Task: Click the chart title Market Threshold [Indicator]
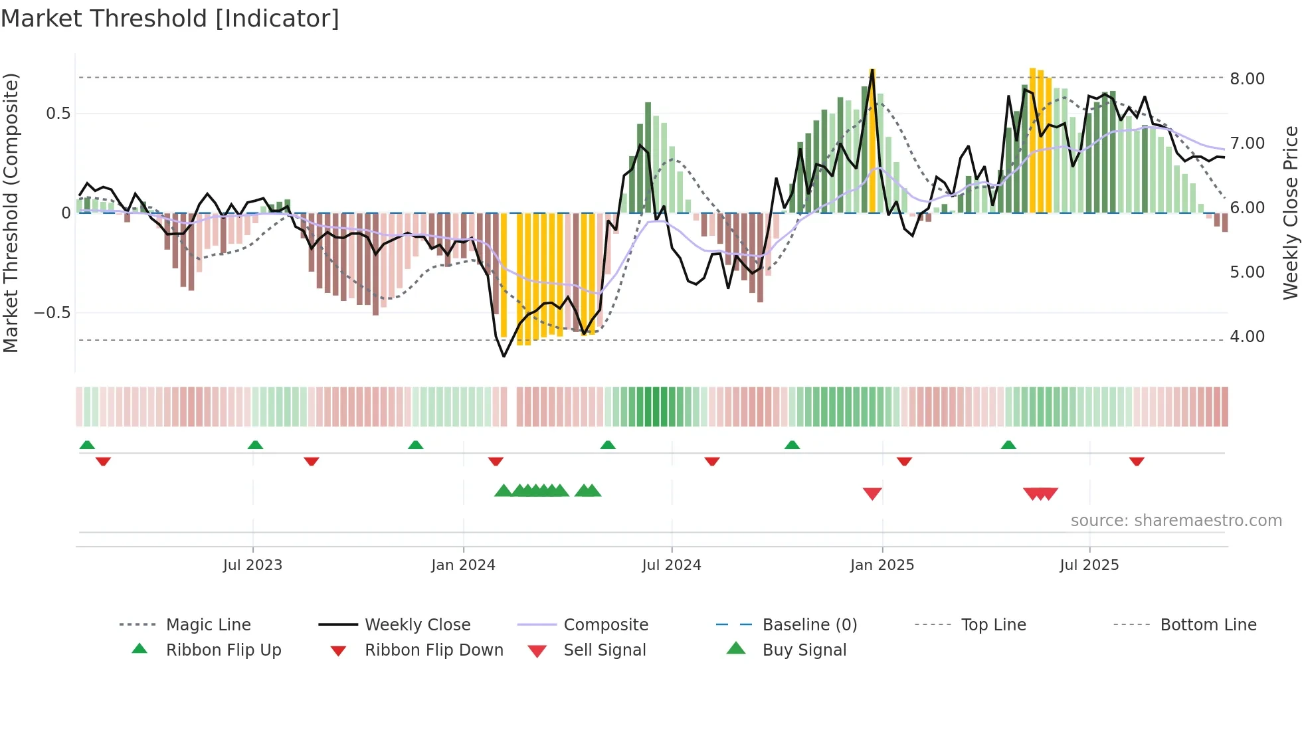[x=170, y=19]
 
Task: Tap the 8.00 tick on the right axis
[x=1247, y=78]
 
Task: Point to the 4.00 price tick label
[x=1247, y=337]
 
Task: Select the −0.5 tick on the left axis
[x=52, y=313]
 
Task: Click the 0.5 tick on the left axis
[x=58, y=114]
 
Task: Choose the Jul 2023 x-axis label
[x=252, y=565]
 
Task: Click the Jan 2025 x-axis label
[x=882, y=565]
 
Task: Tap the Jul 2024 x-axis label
[x=671, y=565]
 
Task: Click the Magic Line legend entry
[x=208, y=625]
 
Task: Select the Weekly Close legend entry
[x=417, y=625]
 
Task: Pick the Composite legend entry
[x=605, y=625]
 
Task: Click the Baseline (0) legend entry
[x=809, y=625]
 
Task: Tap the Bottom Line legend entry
[x=1208, y=625]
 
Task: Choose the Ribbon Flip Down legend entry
[x=434, y=650]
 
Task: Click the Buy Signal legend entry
[x=804, y=650]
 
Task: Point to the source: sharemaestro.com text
[x=1176, y=521]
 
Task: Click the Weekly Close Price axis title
[x=1290, y=213]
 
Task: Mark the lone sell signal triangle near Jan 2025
[x=872, y=494]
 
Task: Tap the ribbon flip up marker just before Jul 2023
[x=255, y=445]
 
